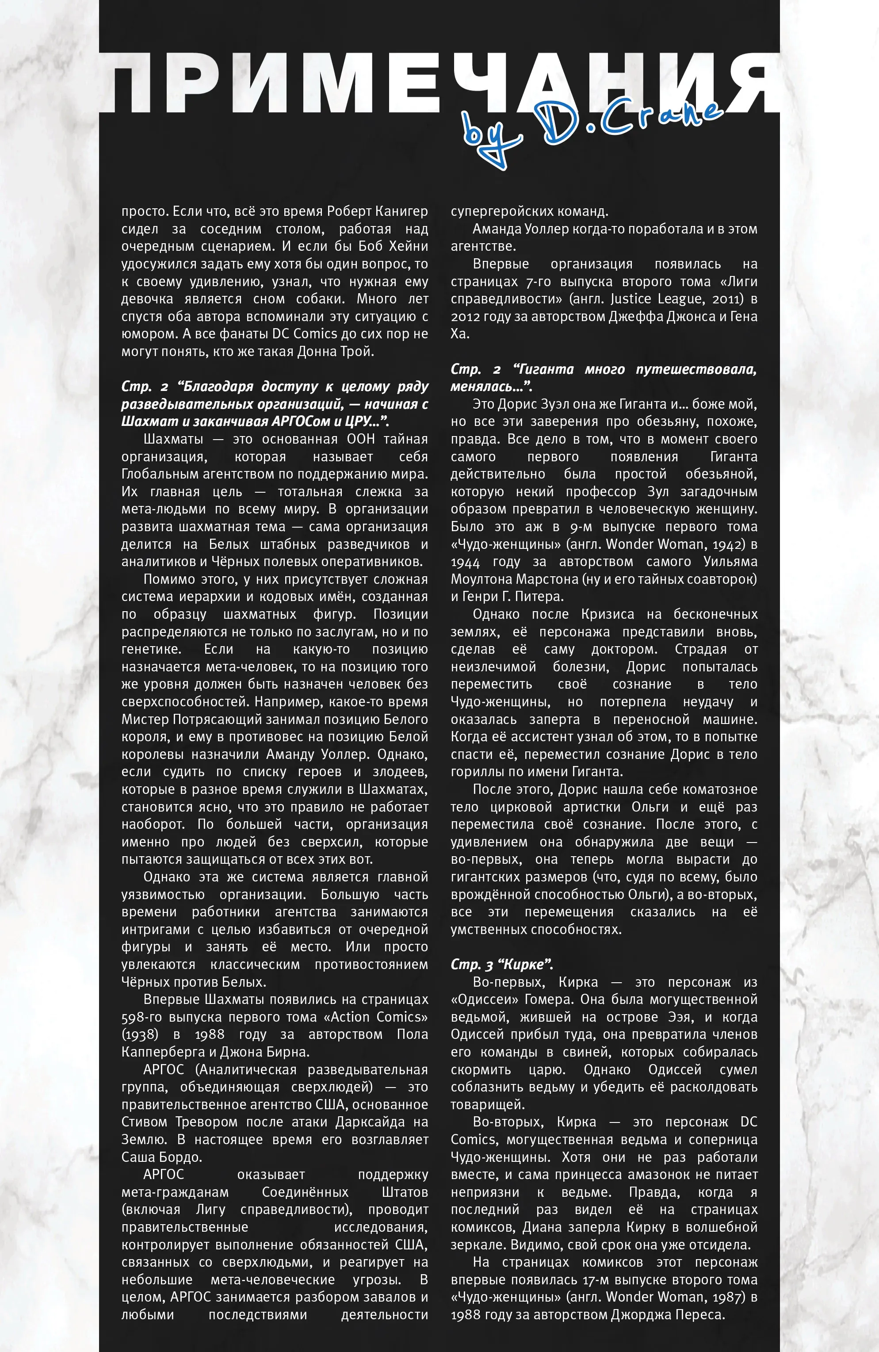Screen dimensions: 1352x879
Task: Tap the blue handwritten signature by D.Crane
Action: click(x=591, y=130)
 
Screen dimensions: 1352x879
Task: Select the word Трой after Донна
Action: click(x=358, y=352)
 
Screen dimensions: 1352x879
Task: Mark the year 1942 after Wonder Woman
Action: click(x=725, y=544)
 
